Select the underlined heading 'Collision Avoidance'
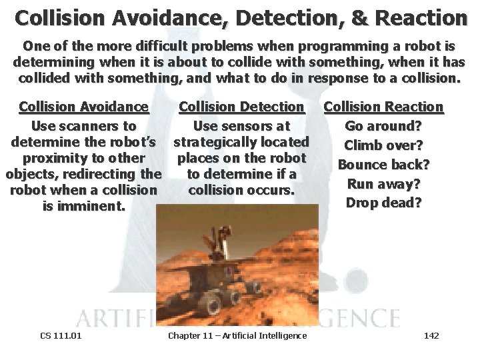tap(84, 107)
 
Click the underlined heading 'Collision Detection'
tap(241, 107)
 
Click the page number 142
tap(431, 335)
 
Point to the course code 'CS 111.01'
tap(61, 335)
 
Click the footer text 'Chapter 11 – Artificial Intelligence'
tap(237, 335)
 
